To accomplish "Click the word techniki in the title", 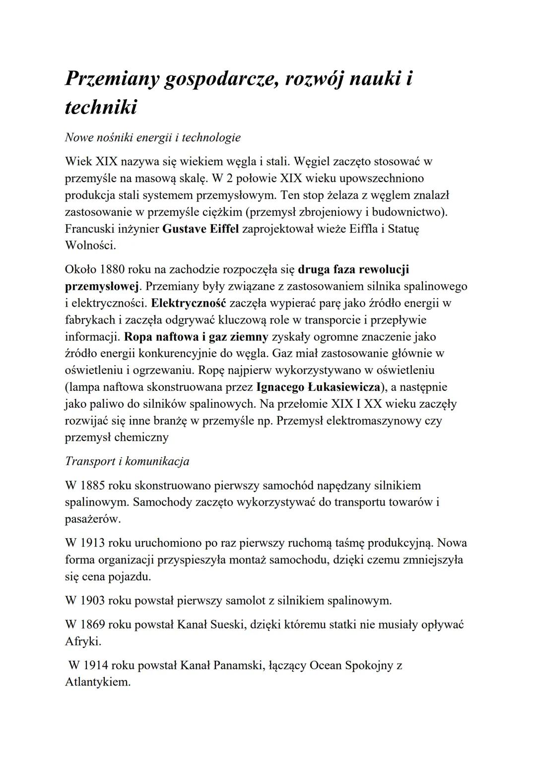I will tap(101, 107).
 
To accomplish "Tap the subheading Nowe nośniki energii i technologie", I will tap(152, 137).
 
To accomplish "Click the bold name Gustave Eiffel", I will tap(201, 229).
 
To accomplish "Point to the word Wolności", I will tap(90, 245).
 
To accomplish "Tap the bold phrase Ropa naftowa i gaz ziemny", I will tap(196, 337).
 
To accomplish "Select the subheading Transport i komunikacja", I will tap(127, 461).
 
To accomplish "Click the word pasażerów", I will tap(93, 519).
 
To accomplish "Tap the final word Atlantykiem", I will tap(98, 682).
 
